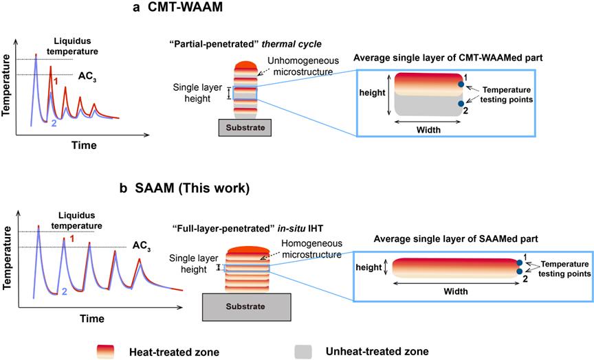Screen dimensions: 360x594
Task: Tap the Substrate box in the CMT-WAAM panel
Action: tap(245, 128)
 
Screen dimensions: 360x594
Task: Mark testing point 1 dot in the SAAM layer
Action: tap(519, 262)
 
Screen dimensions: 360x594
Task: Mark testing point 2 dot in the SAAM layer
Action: tap(519, 271)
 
